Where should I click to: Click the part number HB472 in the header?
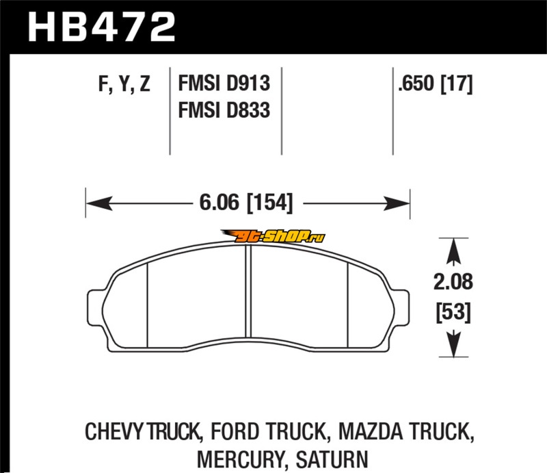(101, 27)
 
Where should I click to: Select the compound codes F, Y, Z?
(124, 84)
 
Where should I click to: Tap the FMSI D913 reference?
(224, 83)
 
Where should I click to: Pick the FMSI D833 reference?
(224, 110)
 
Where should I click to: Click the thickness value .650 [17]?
(436, 84)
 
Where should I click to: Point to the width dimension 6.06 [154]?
(246, 203)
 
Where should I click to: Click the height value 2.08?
(453, 281)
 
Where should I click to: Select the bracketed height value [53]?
(453, 312)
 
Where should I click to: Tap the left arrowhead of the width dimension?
(99, 203)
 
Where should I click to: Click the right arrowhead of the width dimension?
(397, 203)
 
